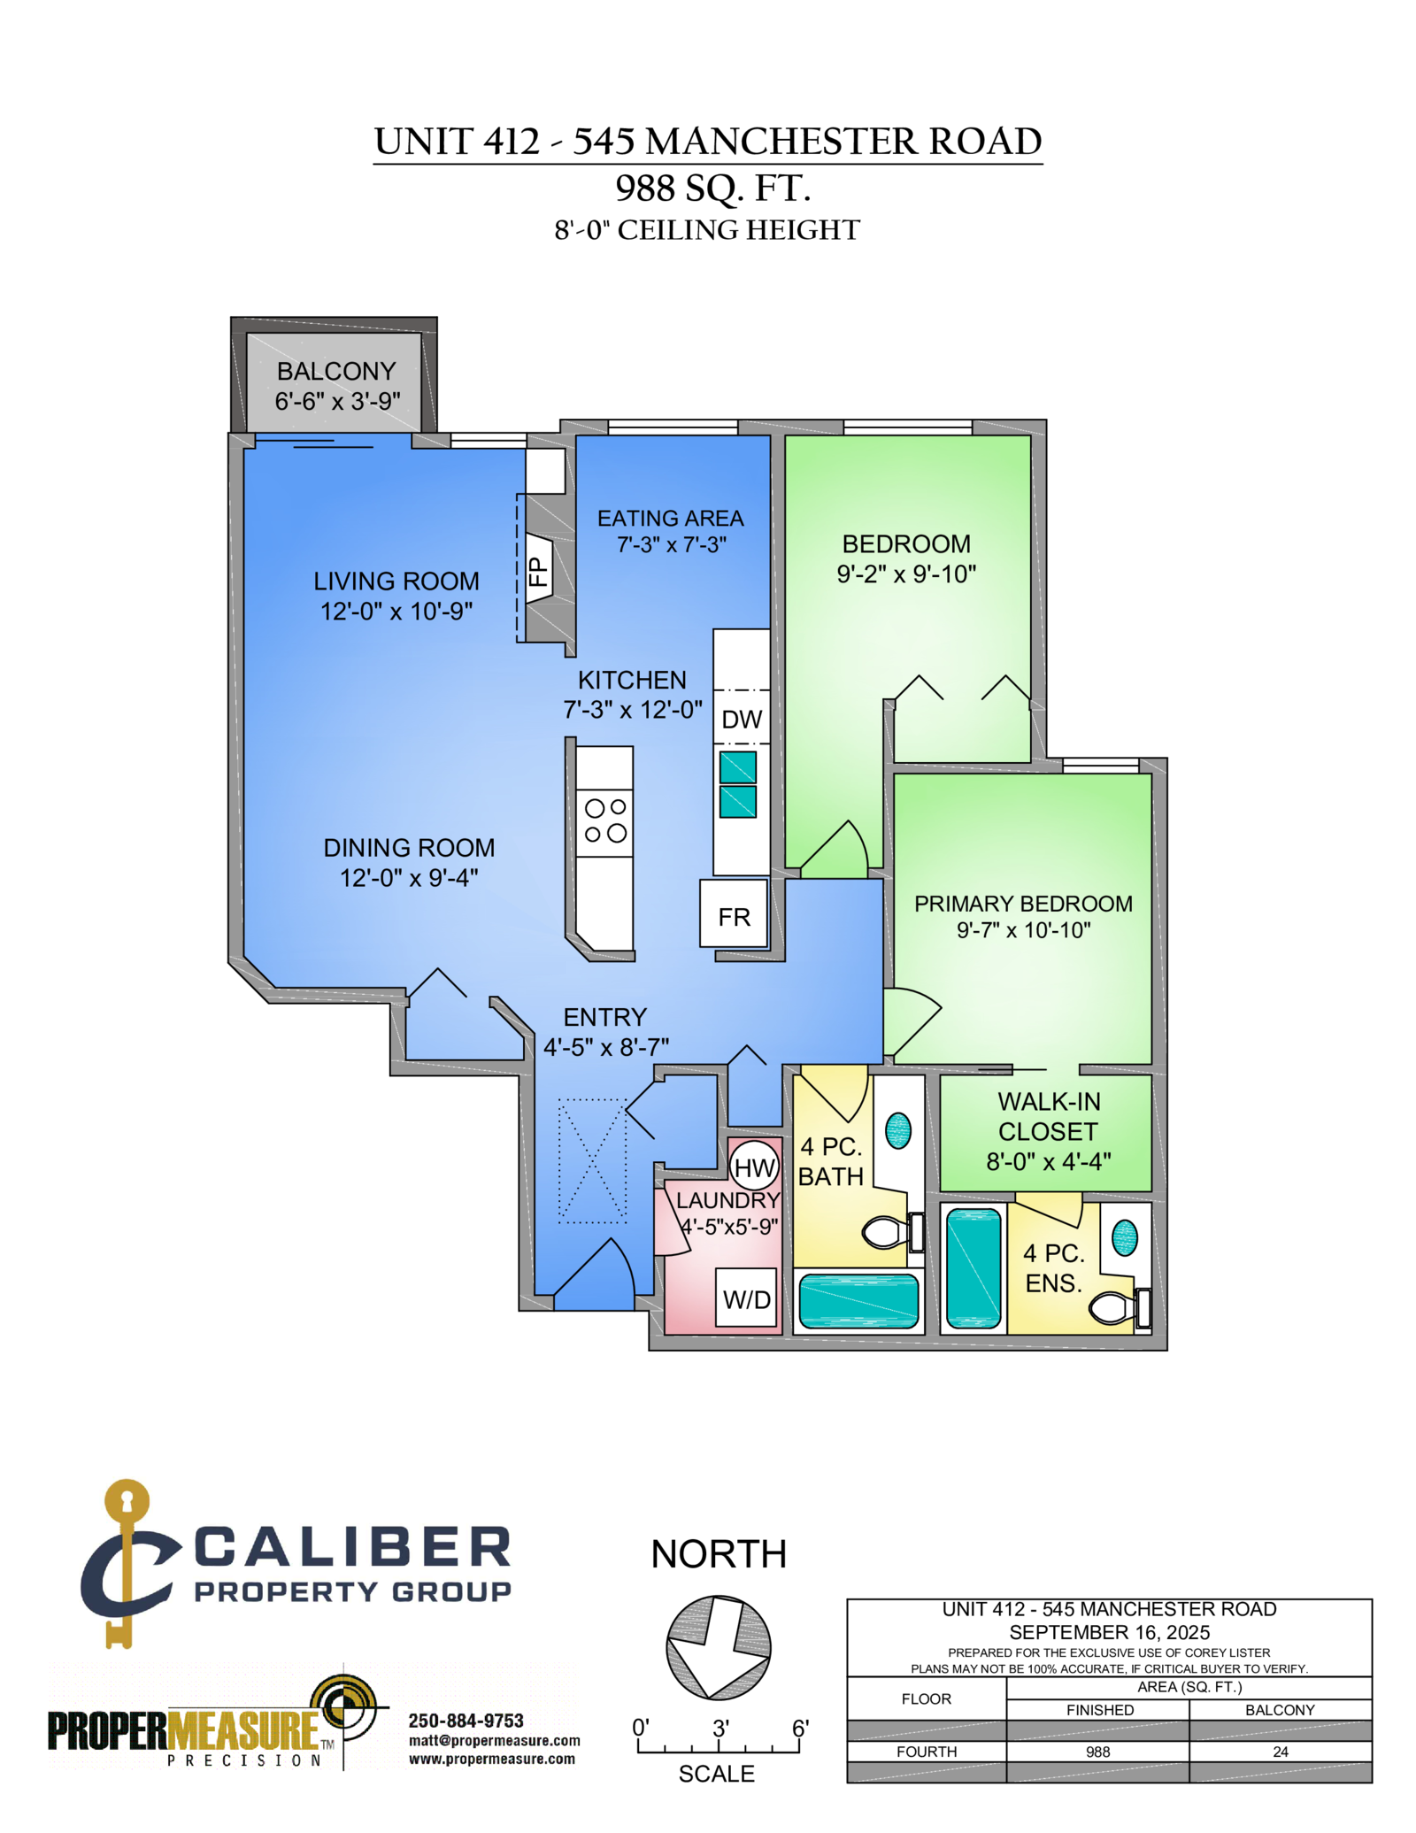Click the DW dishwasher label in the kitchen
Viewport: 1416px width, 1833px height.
[x=742, y=719]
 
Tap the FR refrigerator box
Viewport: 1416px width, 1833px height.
[x=734, y=913]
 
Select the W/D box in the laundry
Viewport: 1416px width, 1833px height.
[x=746, y=1298]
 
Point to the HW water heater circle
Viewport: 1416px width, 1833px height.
[x=754, y=1167]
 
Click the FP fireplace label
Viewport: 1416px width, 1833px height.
[x=538, y=571]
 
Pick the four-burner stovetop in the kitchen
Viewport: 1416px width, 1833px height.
[x=605, y=821]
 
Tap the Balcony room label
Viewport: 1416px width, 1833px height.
[x=336, y=371]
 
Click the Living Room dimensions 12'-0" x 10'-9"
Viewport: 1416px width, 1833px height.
[x=396, y=611]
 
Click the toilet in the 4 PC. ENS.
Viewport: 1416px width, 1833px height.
[x=1120, y=1306]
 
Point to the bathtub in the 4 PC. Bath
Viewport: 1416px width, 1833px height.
[x=858, y=1300]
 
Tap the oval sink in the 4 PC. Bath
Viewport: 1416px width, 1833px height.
[x=898, y=1130]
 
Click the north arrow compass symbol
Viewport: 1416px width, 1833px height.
[x=718, y=1647]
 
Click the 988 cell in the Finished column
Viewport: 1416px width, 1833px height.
[x=1097, y=1752]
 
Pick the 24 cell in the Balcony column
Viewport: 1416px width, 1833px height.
[x=1281, y=1752]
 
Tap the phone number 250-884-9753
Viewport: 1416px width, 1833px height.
[x=466, y=1721]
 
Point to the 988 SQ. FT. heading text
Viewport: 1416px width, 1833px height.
[x=713, y=188]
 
